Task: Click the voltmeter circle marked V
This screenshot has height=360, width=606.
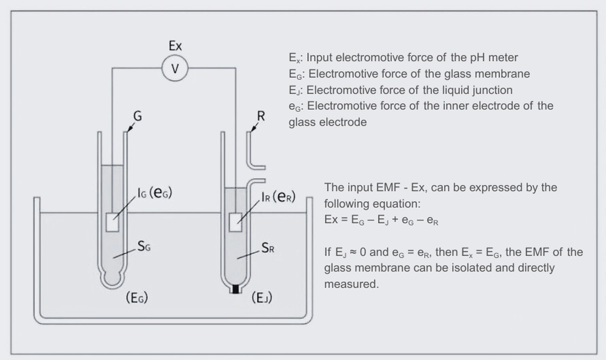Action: [175, 68]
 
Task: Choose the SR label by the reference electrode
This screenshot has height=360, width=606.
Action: [269, 248]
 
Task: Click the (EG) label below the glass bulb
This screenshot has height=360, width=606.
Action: [136, 298]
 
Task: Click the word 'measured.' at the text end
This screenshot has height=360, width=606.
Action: [351, 283]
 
